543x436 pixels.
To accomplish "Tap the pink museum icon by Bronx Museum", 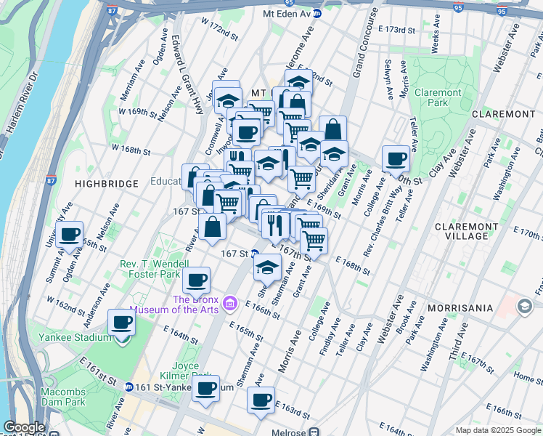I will tap(230, 302).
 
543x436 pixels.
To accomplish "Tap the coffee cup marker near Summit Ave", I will tap(70, 235).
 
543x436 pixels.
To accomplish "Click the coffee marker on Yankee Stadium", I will tap(121, 323).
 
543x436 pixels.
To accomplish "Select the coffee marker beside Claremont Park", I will tap(396, 158).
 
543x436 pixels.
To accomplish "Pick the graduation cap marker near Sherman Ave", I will tap(267, 267).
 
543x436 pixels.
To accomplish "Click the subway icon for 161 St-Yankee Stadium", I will tap(128, 387).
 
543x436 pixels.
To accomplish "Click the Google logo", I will tap(25, 427).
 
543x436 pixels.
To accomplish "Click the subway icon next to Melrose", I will tap(314, 431).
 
